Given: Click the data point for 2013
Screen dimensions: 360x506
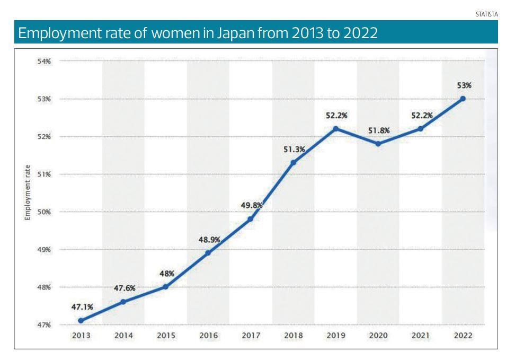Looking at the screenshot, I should [81, 320].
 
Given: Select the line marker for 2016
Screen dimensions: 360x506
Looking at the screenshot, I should [208, 253].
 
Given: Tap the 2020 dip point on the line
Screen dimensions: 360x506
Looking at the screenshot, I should [378, 144].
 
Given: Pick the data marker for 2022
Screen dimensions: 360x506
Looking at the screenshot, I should [463, 99].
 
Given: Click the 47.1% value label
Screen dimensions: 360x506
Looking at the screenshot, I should [82, 307].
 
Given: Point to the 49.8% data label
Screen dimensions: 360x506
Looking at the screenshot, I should [252, 206].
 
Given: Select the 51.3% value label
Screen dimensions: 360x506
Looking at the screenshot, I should [294, 150].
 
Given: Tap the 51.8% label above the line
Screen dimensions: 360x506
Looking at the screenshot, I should [379, 130].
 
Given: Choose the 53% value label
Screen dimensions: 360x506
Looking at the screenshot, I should [464, 85].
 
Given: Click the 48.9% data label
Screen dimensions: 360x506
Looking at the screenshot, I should [209, 240].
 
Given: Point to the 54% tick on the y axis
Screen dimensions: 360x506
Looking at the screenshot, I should [45, 62].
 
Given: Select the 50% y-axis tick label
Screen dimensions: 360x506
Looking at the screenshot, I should [45, 212].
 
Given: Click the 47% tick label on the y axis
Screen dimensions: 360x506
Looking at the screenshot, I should [45, 325].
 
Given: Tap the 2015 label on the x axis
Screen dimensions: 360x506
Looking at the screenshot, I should [166, 336].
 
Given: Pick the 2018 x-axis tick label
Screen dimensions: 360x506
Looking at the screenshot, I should [293, 336].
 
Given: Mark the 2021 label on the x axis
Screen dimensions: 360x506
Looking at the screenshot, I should [420, 336].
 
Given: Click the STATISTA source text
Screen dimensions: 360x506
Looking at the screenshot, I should [486, 14].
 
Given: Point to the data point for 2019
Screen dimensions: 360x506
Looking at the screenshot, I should [335, 128].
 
